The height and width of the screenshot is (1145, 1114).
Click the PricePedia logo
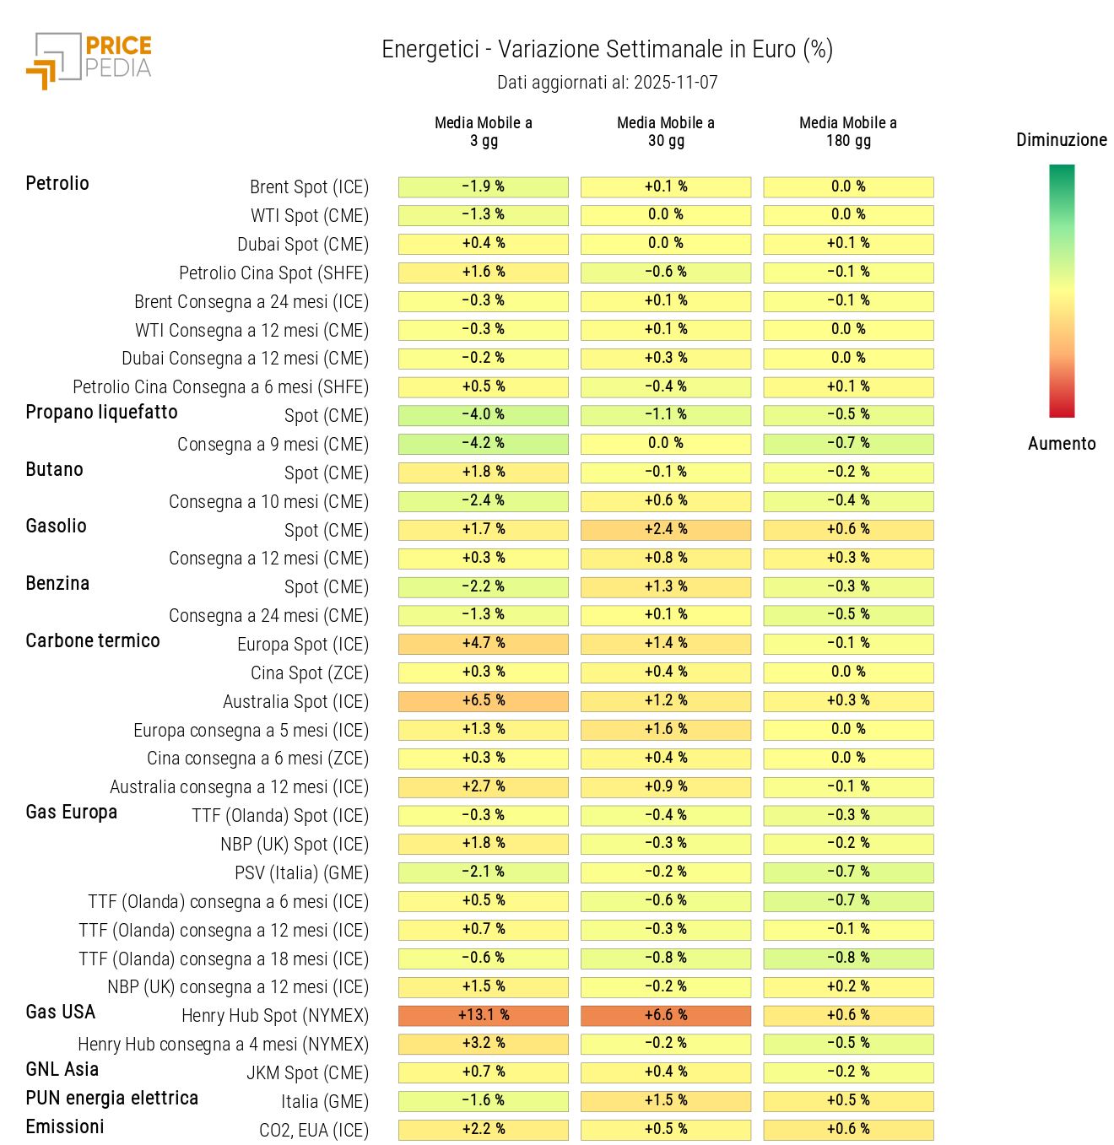(89, 61)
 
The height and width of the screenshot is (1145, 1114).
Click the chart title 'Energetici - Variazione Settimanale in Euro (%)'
(607, 50)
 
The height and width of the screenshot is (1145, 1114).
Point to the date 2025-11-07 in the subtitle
(675, 83)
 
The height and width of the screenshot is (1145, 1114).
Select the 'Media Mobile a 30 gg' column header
(665, 132)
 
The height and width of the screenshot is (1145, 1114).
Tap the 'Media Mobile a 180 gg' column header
(847, 132)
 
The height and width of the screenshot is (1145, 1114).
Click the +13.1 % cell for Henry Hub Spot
(483, 1015)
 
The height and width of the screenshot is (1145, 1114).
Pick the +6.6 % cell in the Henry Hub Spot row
(665, 1015)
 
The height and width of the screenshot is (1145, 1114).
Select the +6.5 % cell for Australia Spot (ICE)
(483, 701)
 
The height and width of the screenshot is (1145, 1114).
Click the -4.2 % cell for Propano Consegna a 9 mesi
(483, 444)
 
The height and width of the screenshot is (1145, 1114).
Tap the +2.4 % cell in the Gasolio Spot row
(665, 530)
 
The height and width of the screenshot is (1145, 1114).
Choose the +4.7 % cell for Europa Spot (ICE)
(483, 644)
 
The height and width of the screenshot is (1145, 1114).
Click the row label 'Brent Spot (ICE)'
(309, 187)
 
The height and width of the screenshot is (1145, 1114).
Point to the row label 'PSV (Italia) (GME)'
(301, 873)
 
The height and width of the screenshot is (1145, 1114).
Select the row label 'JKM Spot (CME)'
(307, 1073)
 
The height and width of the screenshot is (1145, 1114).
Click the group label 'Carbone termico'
(93, 641)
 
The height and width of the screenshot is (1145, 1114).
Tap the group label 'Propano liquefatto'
(101, 413)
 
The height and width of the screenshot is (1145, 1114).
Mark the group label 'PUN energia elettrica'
(111, 1099)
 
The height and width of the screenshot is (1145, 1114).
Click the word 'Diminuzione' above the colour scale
(1061, 140)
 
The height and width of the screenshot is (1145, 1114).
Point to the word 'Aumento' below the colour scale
(1061, 444)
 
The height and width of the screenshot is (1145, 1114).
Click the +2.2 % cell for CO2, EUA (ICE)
(483, 1130)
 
